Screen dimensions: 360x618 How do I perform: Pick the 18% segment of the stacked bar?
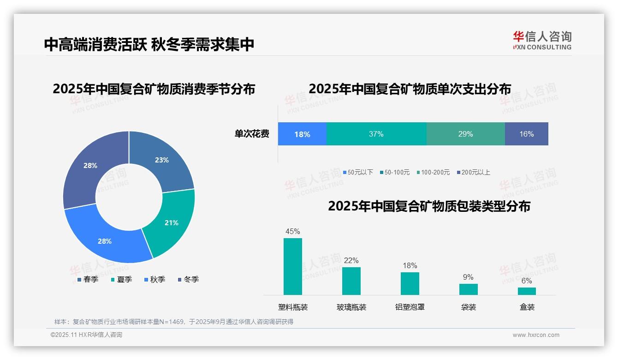click(x=302, y=134)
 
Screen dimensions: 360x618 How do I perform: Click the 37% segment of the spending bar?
click(x=376, y=134)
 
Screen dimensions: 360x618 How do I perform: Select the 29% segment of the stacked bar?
click(x=465, y=134)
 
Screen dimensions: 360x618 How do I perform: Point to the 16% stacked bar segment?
click(x=526, y=134)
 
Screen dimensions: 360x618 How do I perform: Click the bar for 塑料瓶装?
click(x=293, y=266)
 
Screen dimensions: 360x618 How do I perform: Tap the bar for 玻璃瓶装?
click(x=351, y=281)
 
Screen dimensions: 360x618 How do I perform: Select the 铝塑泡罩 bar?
click(x=410, y=283)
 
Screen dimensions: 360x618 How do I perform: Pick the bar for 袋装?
click(x=468, y=289)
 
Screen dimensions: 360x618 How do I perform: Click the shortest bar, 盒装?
click(x=527, y=291)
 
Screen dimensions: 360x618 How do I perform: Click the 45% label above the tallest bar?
click(x=293, y=231)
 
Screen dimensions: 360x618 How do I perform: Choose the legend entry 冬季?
click(x=189, y=279)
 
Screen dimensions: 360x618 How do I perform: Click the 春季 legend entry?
click(x=88, y=279)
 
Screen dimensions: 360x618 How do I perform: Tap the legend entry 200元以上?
click(x=473, y=172)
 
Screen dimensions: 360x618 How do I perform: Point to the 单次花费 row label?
click(x=252, y=134)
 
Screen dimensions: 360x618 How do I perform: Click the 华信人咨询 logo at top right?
click(x=542, y=40)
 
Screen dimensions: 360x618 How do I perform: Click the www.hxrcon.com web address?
click(x=536, y=335)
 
